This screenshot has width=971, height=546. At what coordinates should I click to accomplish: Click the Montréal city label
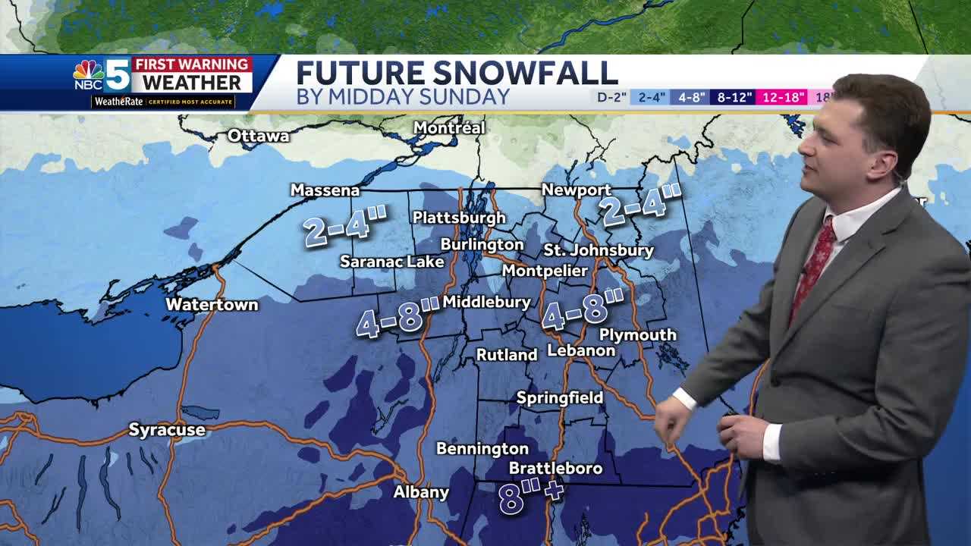coord(448,128)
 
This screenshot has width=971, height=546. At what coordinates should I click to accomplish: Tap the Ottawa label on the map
coord(259,136)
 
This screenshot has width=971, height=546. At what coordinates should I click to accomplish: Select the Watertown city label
coord(212,305)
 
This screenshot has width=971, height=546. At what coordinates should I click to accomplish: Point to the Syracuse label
coord(167,430)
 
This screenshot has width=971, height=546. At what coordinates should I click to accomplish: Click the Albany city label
coord(421,492)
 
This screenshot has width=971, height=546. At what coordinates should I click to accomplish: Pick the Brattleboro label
coord(555,469)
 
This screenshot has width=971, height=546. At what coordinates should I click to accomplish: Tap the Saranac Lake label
coord(391,262)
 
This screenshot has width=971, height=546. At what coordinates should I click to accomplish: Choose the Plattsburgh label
coord(459,218)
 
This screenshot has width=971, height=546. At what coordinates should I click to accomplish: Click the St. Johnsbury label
coord(599,250)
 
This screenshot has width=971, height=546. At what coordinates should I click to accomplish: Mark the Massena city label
coord(325,190)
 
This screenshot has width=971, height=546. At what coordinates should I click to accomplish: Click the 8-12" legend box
coord(734,97)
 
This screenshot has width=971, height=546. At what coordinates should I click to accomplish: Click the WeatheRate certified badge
coord(163,102)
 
